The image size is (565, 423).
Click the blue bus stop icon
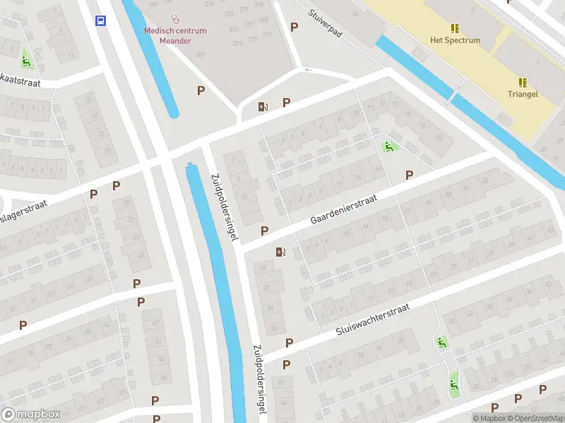point(101,20)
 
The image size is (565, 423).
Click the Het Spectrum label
point(455,40)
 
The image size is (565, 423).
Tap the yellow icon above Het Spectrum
point(455,27)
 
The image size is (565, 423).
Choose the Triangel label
point(523,94)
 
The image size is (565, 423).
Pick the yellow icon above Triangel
point(523,82)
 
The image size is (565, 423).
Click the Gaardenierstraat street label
point(343,211)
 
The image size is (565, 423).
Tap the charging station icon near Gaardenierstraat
point(281,252)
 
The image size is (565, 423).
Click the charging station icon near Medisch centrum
point(263,106)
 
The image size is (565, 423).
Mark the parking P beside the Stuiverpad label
point(295,27)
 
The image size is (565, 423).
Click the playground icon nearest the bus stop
point(27,61)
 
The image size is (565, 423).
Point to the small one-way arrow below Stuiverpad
point(307,70)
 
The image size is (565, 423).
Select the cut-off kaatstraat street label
point(21,83)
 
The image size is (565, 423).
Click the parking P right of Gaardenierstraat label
point(409,175)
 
